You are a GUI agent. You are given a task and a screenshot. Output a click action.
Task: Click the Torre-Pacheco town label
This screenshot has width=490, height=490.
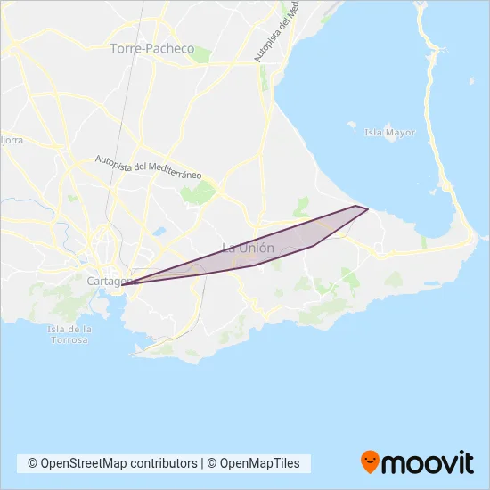pyautogui.click(x=151, y=49)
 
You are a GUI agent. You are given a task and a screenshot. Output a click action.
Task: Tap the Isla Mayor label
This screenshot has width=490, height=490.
pyautogui.click(x=390, y=133)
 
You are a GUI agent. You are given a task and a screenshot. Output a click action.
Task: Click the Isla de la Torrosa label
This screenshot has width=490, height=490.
pyautogui.click(x=69, y=335)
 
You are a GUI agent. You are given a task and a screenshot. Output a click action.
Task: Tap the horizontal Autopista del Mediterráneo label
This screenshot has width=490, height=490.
pyautogui.click(x=149, y=167)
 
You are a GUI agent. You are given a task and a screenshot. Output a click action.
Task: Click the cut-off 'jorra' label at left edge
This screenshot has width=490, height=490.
pyautogui.click(x=11, y=140)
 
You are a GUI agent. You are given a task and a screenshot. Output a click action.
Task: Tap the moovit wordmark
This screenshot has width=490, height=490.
pyautogui.click(x=429, y=462)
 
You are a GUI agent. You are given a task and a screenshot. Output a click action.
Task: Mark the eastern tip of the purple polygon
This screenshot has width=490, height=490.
pyautogui.click(x=368, y=210)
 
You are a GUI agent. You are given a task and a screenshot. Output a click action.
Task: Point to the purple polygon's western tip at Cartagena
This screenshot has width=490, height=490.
pyautogui.click(x=122, y=285)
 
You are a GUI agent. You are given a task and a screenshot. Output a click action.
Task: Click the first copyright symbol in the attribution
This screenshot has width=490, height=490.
pyautogui.click(x=33, y=463)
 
